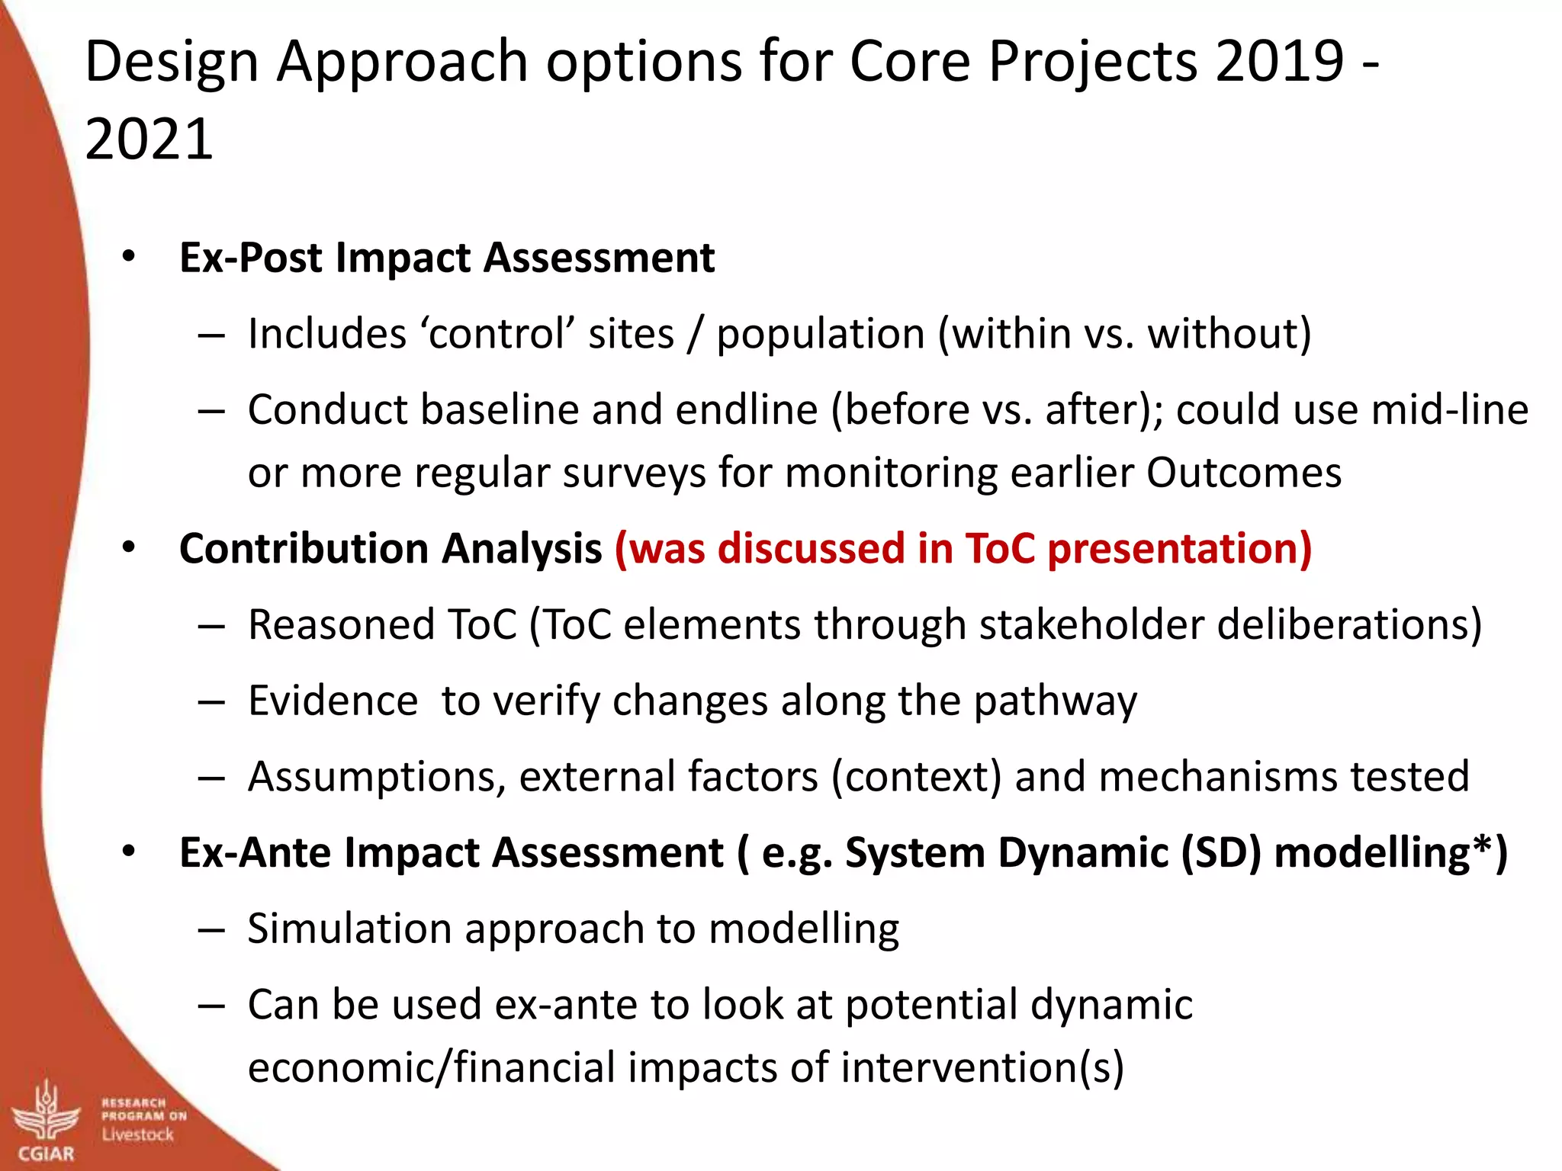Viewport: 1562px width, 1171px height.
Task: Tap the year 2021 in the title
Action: (x=149, y=139)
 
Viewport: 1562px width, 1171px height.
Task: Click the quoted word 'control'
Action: (x=496, y=334)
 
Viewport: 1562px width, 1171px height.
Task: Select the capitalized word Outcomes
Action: (x=1243, y=473)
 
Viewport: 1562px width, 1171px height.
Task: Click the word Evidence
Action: (x=333, y=701)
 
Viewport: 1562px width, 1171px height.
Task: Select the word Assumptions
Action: (x=377, y=777)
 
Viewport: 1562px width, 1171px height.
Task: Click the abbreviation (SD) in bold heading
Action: (x=1220, y=852)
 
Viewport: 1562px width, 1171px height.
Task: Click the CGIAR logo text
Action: (x=46, y=1153)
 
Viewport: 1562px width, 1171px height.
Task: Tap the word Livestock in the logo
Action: (x=138, y=1135)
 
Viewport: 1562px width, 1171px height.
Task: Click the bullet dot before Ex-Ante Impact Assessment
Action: (x=128, y=851)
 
